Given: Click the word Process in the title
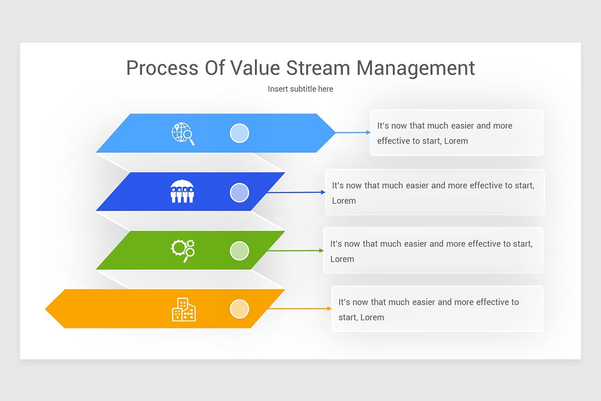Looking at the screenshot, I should click(162, 68).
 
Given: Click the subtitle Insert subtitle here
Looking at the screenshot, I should click(300, 89).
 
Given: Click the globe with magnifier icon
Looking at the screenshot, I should click(183, 134).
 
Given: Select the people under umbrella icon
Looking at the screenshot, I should click(182, 192).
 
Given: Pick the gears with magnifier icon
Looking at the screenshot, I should click(183, 251).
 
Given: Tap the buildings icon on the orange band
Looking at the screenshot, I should click(184, 309).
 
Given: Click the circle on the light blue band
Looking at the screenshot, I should click(239, 133).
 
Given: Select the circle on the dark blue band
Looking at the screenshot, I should click(239, 192).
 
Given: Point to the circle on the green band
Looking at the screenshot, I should click(239, 251).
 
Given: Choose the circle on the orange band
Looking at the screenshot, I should click(239, 309).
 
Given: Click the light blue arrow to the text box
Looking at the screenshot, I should click(353, 132).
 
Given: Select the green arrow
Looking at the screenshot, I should click(295, 251).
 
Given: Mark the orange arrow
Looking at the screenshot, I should click(299, 309).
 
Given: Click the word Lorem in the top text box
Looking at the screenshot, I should click(456, 141).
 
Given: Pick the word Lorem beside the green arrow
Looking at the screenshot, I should click(342, 259).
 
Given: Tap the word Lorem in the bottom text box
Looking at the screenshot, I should click(372, 317).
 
